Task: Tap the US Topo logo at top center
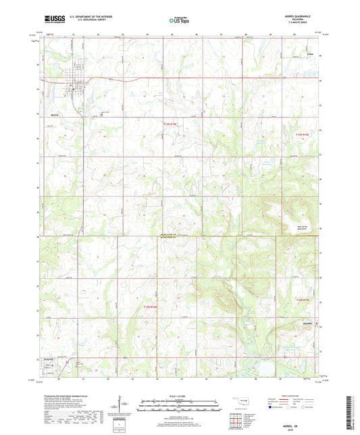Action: point(179,21)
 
